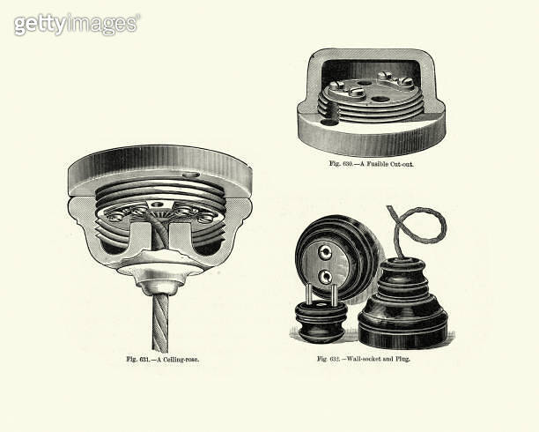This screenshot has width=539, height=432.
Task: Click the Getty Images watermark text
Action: [x=77, y=24]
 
